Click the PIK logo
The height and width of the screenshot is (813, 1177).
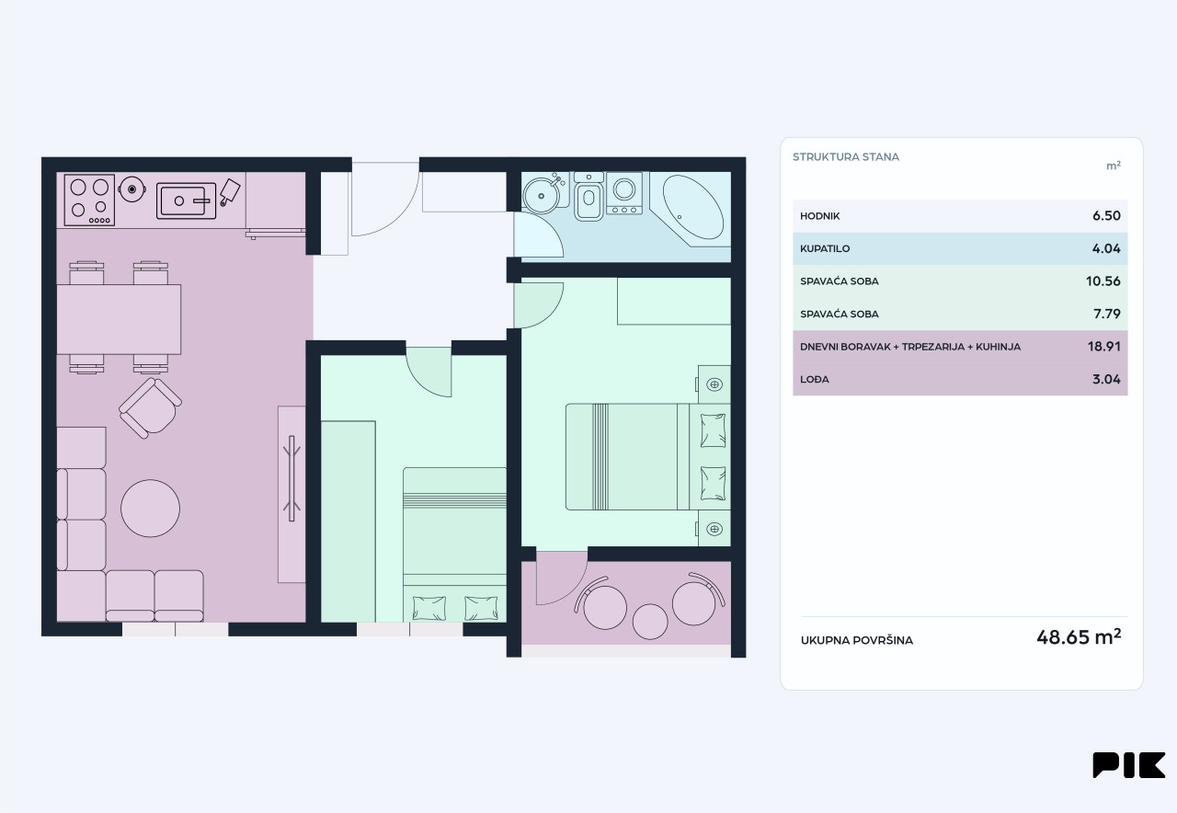coord(1128,764)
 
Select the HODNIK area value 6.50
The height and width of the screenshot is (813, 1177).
coord(1106,216)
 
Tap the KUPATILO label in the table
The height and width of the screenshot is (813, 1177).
coord(825,248)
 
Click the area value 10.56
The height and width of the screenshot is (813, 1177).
coord(1103,281)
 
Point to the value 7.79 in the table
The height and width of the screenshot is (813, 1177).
coord(1106,314)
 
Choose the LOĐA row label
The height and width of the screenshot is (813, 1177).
coord(815,379)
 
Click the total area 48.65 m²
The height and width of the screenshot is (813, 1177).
coord(1079,637)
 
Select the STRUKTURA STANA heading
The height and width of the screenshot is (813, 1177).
coord(845,156)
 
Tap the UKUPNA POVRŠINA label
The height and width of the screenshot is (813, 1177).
coord(856,640)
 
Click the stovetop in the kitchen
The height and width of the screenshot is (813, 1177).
coord(89,200)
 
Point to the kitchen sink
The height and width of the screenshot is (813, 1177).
coord(186,200)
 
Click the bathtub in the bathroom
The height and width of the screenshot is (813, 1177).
coord(692,207)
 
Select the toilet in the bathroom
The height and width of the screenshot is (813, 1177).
coord(588,196)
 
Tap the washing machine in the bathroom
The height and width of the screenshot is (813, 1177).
coord(624,193)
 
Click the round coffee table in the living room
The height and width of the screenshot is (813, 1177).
coord(150,509)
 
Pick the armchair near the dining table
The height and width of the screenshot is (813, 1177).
coord(150,408)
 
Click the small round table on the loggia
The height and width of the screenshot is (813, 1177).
coord(650,622)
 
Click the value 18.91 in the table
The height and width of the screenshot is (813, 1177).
coord(1104,347)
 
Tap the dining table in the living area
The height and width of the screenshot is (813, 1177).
coord(119,319)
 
